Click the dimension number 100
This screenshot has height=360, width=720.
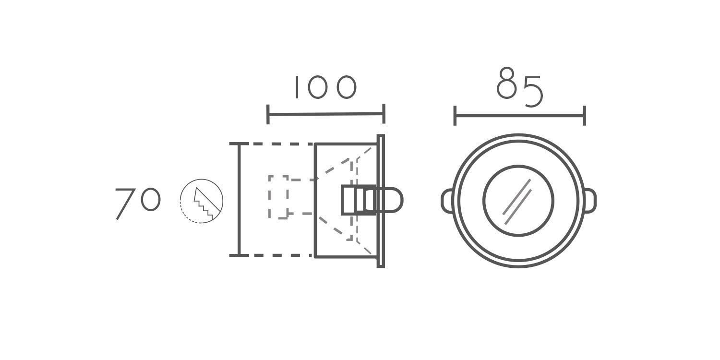click(x=325, y=87)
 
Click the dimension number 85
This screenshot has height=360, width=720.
click(x=520, y=87)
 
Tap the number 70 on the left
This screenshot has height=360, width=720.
click(x=138, y=204)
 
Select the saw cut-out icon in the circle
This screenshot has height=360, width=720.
click(x=202, y=201)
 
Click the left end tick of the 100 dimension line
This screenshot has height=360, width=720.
click(x=268, y=114)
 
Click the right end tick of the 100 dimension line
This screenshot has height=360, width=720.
click(x=384, y=113)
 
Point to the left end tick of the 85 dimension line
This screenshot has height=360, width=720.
click(x=455, y=116)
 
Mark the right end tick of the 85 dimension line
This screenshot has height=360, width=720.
click(x=584, y=116)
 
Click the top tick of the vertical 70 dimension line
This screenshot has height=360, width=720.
click(x=239, y=144)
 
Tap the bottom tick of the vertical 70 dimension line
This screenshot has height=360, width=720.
click(x=239, y=255)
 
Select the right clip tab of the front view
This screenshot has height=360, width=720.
click(x=590, y=201)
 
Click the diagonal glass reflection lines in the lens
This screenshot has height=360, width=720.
click(x=517, y=202)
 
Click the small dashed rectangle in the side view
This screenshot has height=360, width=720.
click(x=278, y=197)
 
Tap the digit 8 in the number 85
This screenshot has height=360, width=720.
click(x=506, y=83)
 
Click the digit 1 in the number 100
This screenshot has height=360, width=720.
click(x=296, y=87)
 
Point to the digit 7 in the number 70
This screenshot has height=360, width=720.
click(x=125, y=204)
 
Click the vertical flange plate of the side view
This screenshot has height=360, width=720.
click(x=381, y=201)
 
